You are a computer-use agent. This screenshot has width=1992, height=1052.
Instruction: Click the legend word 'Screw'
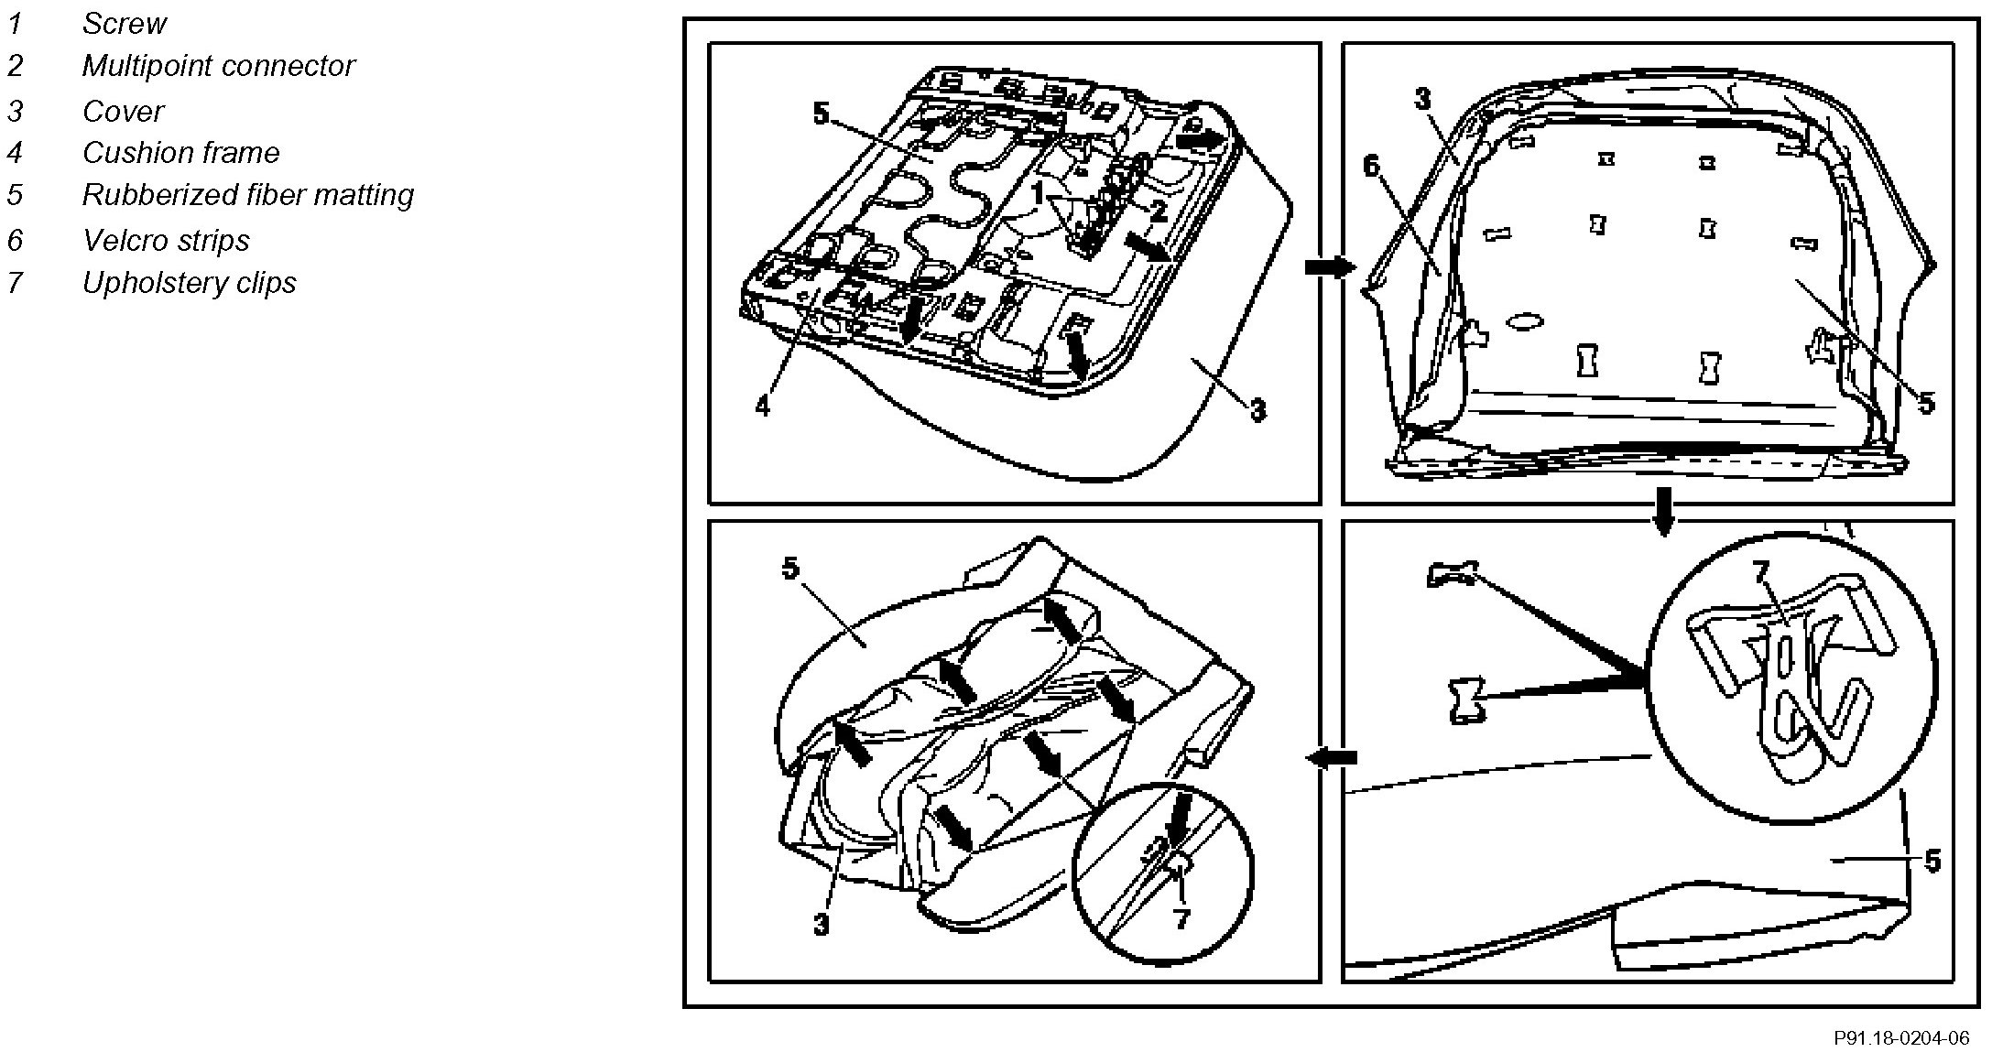point(124,24)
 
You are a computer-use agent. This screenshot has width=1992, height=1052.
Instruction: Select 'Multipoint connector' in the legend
point(218,66)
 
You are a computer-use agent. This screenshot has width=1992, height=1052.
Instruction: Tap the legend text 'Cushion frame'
point(180,153)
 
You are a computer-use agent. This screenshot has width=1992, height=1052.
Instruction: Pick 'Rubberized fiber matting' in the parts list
point(247,195)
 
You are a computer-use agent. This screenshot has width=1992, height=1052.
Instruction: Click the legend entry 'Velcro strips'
point(166,241)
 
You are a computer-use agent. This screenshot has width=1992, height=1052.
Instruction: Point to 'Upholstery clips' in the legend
point(189,283)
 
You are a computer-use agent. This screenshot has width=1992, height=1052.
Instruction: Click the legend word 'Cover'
point(123,112)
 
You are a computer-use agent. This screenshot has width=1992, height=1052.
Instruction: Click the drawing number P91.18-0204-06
point(1900,1038)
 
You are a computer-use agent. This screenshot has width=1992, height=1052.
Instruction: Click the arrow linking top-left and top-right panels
point(1329,267)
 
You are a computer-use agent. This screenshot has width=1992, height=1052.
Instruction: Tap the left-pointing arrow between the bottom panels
point(1331,757)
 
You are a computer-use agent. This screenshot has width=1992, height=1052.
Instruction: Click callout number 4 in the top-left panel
point(763,406)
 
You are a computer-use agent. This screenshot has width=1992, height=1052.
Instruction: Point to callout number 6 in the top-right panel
point(1371,167)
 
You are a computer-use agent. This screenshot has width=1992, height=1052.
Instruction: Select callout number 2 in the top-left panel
point(1158,212)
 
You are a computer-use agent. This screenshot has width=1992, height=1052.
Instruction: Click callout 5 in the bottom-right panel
point(1932,861)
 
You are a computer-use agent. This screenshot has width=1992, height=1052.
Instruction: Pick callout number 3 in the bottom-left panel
point(821,924)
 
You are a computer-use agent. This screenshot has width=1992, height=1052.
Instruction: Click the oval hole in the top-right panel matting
point(1524,321)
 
